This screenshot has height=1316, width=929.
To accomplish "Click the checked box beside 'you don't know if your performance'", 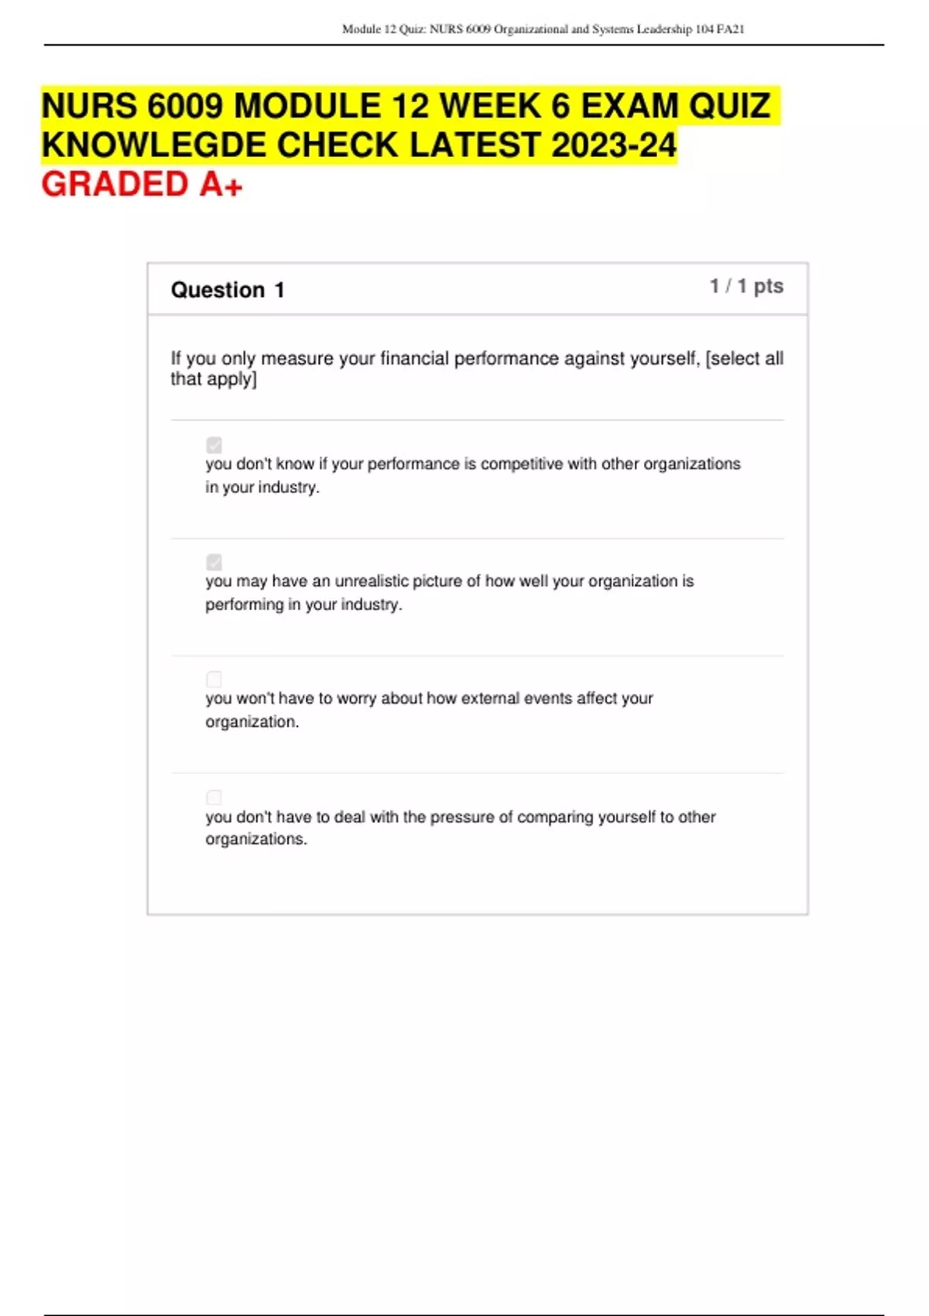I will click(x=214, y=445).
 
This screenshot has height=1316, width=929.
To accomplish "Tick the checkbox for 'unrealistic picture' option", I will click(x=214, y=562).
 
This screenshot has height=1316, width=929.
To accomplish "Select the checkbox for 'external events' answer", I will click(x=214, y=679).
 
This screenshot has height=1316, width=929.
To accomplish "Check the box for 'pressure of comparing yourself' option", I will click(x=214, y=797).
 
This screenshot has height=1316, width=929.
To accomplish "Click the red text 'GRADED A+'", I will click(x=142, y=184).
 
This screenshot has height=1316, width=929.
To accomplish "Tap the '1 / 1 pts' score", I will click(x=746, y=286).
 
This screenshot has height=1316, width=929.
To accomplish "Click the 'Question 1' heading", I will click(x=228, y=290).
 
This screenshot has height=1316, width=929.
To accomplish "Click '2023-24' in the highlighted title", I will click(x=614, y=145).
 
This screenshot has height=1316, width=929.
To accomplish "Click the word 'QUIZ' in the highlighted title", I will click(x=729, y=106).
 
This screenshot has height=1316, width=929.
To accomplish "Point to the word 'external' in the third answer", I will click(x=489, y=698).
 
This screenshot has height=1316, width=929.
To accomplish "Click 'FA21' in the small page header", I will click(x=730, y=29).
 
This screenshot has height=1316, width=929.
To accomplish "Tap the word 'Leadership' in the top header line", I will click(x=664, y=29).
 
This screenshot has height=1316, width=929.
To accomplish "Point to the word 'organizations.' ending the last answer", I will click(x=255, y=839).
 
